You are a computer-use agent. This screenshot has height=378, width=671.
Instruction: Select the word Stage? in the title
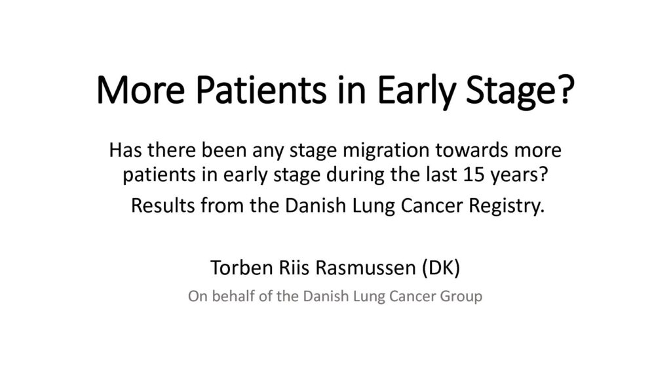tap(520, 92)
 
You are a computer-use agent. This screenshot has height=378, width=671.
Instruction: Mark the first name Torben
tap(242, 268)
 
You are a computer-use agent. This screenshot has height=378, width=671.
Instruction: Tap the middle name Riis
tap(294, 268)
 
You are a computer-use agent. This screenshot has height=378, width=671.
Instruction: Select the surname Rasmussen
tap(366, 268)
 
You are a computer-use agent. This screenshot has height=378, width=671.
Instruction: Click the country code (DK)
tap(441, 268)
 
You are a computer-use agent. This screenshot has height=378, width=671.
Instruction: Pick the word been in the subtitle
tap(224, 150)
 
